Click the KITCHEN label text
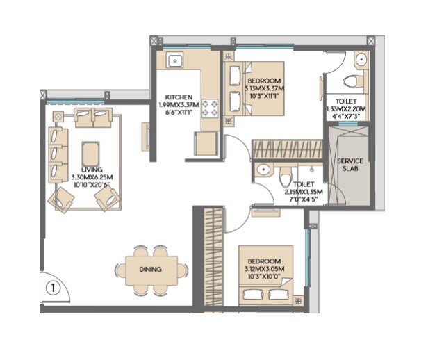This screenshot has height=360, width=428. tap(179, 97)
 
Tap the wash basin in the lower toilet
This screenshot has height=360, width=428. tap(263, 170)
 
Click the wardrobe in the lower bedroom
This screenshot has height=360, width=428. tap(215, 259)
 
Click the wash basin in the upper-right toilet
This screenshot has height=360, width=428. tap(359, 61)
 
